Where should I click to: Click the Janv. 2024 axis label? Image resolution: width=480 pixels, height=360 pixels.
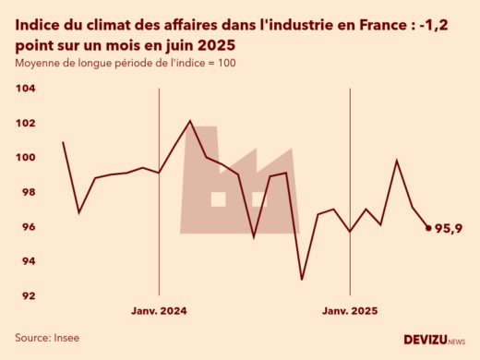click(x=160, y=312)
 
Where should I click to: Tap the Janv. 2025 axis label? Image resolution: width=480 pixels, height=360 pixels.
click(x=350, y=312)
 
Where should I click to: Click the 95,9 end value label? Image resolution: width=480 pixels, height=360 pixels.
click(x=449, y=228)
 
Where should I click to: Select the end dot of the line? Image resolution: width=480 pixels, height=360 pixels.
click(x=428, y=227)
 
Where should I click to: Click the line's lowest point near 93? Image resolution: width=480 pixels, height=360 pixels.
click(x=302, y=279)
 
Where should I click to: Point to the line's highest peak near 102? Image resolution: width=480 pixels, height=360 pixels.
click(x=189, y=121)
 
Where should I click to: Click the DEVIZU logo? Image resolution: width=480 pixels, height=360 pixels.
click(x=433, y=341)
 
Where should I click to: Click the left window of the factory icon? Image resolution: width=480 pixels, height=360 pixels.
click(x=218, y=198)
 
